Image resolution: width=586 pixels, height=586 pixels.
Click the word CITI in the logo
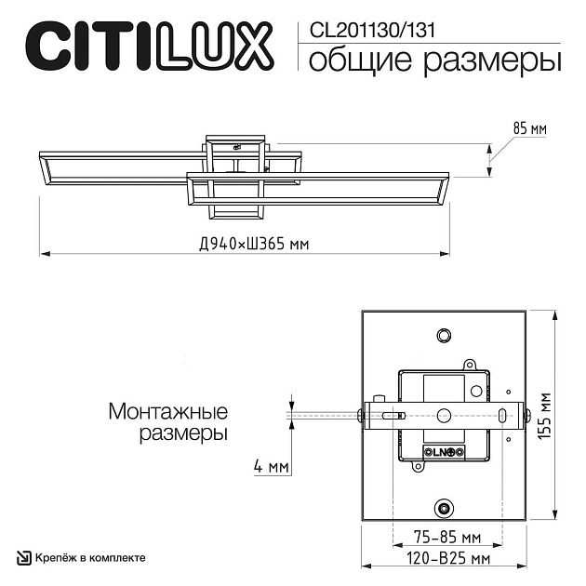87,45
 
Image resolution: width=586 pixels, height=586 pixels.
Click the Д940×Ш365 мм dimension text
253,245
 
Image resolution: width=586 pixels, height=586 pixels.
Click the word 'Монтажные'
168,411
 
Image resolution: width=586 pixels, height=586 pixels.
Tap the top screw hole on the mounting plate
445,334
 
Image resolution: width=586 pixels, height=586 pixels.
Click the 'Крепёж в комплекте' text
90,557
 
